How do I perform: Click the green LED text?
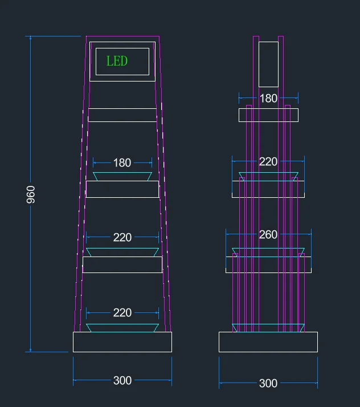[117, 61]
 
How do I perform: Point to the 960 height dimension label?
[31, 195]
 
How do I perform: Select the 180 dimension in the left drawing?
[122, 163]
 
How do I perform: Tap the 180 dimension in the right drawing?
[268, 99]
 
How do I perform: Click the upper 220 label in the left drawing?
[122, 237]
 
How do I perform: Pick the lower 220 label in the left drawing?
[122, 312]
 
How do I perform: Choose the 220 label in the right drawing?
[268, 161]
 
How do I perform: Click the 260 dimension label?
[268, 234]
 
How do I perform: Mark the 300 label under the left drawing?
[122, 381]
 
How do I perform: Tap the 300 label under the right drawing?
[268, 383]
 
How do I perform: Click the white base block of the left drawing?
[122, 342]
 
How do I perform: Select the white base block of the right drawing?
[268, 342]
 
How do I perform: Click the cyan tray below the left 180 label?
[122, 177]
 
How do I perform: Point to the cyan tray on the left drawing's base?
[122, 328]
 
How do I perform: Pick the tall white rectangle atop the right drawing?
[268, 64]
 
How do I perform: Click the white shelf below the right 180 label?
[268, 115]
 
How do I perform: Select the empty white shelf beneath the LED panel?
[122, 115]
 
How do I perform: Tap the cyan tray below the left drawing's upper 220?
[122, 253]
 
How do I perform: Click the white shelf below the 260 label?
[268, 264]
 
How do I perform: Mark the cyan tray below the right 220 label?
[268, 177]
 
